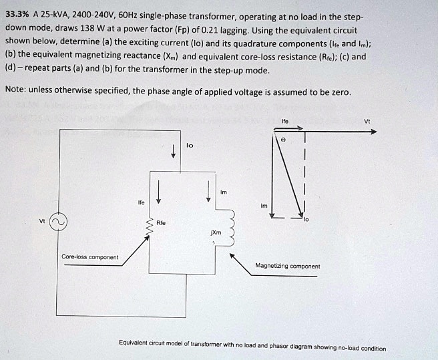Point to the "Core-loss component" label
(89, 256)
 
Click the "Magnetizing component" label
(287, 266)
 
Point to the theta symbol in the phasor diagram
(283, 142)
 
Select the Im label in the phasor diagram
(264, 206)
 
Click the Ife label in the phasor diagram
(285, 121)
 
